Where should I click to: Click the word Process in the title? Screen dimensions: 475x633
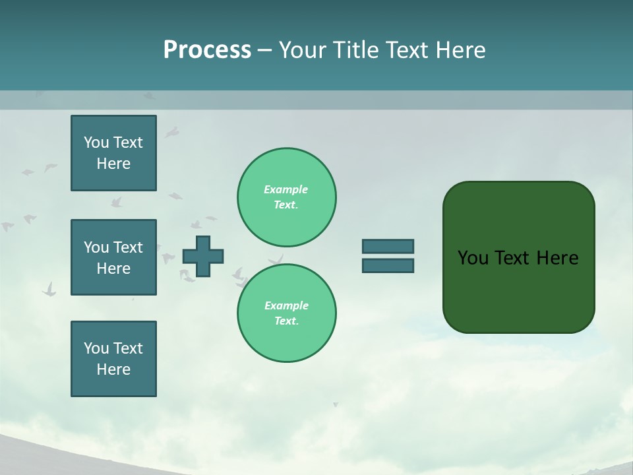(207, 50)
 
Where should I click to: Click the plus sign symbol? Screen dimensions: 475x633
(203, 256)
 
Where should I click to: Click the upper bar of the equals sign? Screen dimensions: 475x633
(388, 246)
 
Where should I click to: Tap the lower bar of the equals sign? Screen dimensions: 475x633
(388, 266)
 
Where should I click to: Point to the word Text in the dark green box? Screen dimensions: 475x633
(511, 258)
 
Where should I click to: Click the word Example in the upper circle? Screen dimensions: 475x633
(286, 189)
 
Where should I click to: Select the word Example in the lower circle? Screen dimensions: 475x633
(286, 305)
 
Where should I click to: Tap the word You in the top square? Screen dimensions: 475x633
(96, 142)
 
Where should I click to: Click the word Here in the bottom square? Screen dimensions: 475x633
(113, 369)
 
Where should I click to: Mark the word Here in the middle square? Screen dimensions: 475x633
(113, 269)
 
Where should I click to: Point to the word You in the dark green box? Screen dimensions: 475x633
(472, 258)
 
